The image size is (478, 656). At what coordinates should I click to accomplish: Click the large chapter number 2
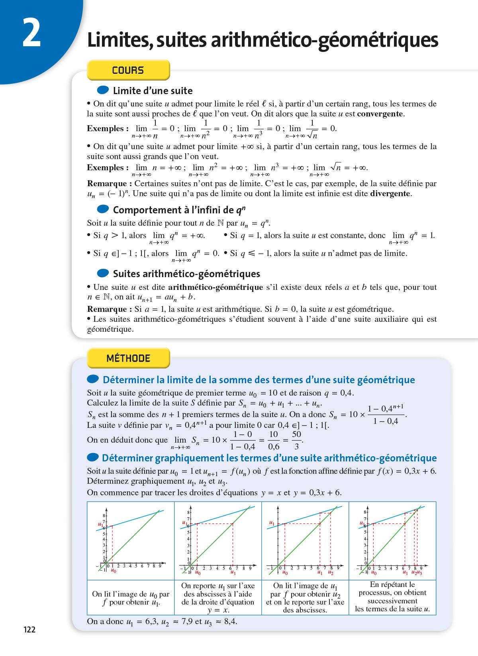click(x=31, y=34)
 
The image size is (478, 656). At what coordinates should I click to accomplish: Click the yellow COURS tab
click(x=128, y=70)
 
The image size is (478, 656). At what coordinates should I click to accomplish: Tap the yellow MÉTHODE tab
click(x=128, y=358)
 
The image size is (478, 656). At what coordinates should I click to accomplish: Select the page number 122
click(x=29, y=629)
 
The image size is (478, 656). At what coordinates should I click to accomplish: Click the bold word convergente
click(x=380, y=114)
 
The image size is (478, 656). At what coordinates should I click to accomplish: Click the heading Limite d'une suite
click(x=153, y=91)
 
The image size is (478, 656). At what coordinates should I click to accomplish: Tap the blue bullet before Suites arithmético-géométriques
click(x=103, y=273)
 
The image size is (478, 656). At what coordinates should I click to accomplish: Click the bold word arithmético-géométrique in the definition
click(x=215, y=287)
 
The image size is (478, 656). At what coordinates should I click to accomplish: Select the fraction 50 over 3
click(x=296, y=440)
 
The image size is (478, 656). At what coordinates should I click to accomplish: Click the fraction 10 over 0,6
click(x=274, y=440)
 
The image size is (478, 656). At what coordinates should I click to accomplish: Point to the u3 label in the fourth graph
click(x=419, y=573)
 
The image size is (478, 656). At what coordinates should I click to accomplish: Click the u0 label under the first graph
click(x=114, y=571)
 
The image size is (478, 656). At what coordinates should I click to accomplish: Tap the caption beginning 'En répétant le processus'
click(x=392, y=597)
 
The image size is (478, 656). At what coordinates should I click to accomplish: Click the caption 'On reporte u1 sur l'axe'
click(x=217, y=597)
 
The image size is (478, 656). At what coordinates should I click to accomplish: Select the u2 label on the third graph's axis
click(x=331, y=573)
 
